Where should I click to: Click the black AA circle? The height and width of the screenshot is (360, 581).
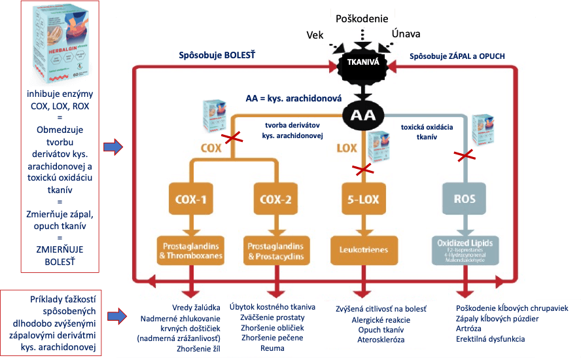[363, 115]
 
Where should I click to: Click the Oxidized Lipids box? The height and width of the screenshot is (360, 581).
[465, 249]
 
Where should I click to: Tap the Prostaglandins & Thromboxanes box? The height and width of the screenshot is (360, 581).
[191, 249]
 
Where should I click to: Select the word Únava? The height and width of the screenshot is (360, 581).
[406, 33]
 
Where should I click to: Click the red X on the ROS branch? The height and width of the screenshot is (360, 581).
[465, 156]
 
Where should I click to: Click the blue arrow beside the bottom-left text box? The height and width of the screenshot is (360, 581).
[115, 316]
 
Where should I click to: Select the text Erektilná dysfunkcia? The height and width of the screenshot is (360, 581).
[490, 339]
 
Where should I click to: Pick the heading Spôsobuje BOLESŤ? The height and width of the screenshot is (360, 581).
[217, 56]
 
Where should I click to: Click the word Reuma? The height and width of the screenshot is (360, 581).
[272, 348]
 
